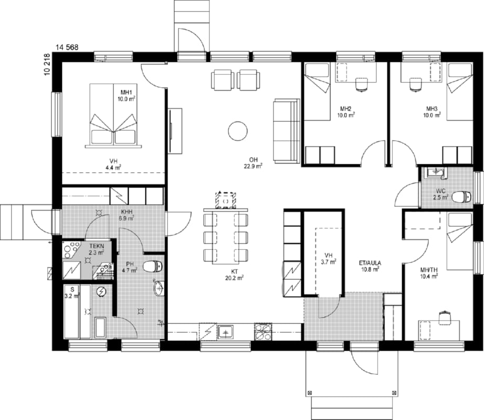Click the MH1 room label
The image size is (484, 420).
(x=126, y=92)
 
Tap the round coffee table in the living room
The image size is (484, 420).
(x=238, y=131)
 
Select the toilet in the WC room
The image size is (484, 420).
(x=462, y=197)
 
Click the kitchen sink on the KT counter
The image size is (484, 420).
(x=226, y=332)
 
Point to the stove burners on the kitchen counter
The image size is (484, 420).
(x=263, y=331)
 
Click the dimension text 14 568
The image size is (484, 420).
(x=67, y=47)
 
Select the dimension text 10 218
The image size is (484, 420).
(x=47, y=65)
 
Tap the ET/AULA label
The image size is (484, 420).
(x=370, y=263)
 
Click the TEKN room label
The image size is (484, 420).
(x=97, y=246)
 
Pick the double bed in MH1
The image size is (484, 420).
(x=113, y=115)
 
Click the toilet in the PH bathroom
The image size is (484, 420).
(x=153, y=266)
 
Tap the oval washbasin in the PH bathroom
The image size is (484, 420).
(x=159, y=288)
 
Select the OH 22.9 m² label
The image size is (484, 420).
(x=254, y=163)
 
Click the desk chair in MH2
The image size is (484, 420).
(x=362, y=85)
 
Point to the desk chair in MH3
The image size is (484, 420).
(x=415, y=85)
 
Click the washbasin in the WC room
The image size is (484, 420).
(x=435, y=173)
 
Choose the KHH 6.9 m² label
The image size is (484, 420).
(x=127, y=215)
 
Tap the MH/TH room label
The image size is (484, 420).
(x=429, y=270)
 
